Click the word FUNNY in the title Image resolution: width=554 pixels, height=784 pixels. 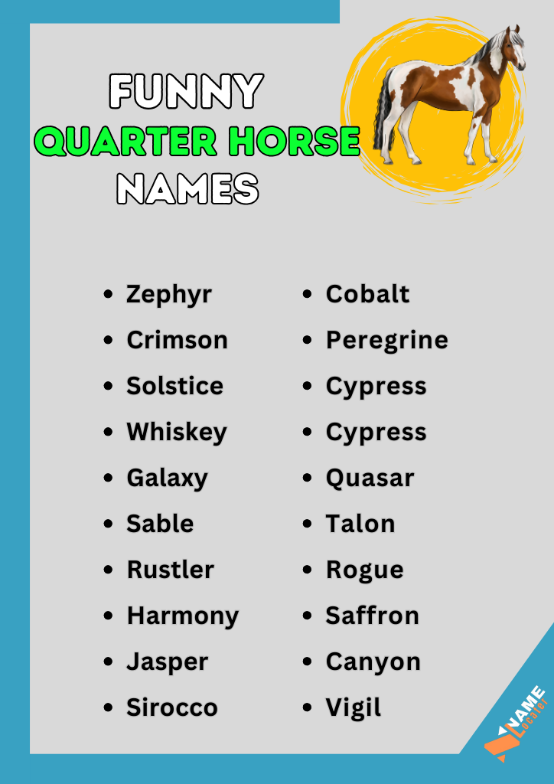pos(186,92)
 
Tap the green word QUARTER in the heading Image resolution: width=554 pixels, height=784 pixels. pos(113,141)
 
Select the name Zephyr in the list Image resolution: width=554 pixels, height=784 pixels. pos(169,295)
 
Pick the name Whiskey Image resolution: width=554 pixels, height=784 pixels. pos(177,432)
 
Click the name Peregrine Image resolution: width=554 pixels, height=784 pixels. pos(387,341)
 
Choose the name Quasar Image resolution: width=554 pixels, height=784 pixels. pos(370,478)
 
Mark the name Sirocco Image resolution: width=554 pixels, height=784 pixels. pos(172,707)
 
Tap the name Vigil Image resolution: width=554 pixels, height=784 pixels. pos(354,707)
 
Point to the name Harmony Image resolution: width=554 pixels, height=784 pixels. pos(183,616)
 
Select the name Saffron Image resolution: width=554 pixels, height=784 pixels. pos(373,616)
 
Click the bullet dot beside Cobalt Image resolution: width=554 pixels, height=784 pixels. pos(308,294)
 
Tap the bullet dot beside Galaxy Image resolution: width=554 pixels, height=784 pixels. pos(108,478)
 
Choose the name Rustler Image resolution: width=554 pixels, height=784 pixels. pos(171,570)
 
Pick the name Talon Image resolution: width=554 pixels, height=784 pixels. pos(360,524)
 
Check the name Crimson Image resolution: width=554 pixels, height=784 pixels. pos(178,340)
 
